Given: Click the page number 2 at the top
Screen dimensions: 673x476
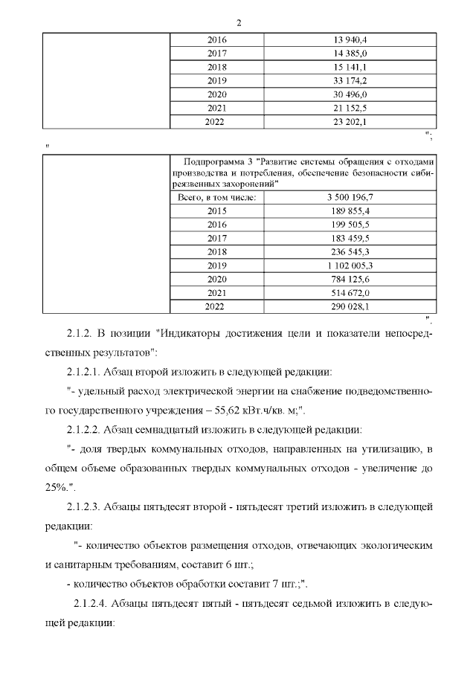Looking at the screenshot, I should pos(238,22).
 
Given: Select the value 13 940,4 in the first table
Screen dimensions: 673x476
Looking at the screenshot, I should pos(350,39).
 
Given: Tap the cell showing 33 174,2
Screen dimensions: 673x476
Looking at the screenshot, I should pos(350,80).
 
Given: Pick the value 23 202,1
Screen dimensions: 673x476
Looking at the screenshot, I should pos(350,121).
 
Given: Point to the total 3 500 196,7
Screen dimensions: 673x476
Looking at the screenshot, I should pos(350,197).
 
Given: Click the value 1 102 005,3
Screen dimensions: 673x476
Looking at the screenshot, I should pos(350,265).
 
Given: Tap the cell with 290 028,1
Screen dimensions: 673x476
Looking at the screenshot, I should pos(350,306).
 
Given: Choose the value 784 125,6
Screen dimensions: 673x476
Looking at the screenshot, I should pos(350,279).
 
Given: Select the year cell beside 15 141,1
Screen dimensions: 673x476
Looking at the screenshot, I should pos(216,67).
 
